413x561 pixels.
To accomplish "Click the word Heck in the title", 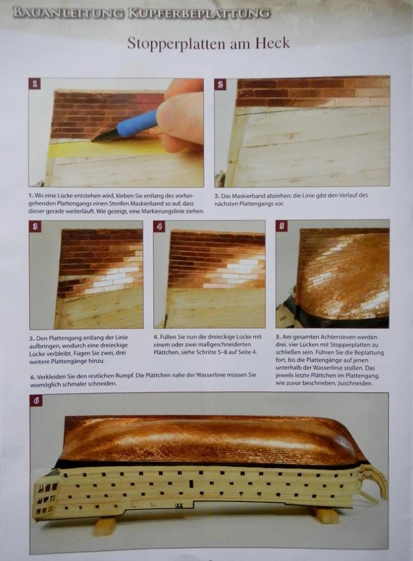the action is (272, 43).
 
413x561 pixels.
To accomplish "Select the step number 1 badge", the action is (35, 84).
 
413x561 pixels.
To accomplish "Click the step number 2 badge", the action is (220, 84).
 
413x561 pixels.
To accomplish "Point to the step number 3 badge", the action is (35, 226).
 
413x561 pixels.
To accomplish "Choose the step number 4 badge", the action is (159, 226).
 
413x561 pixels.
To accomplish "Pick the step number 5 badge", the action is (282, 226).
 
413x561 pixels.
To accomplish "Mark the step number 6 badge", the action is (36, 400).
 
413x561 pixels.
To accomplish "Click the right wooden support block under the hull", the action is (326, 515).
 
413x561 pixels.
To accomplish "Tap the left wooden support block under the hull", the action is (104, 527).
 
